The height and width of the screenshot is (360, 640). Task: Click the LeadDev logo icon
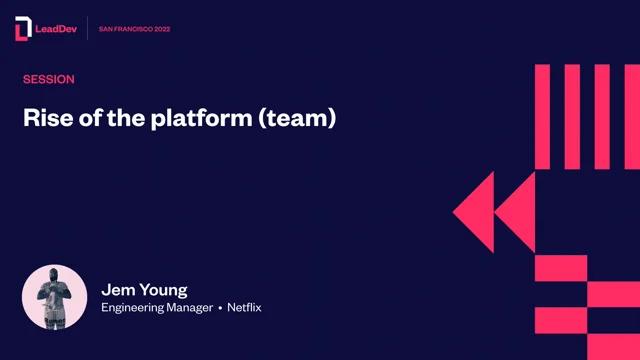23,29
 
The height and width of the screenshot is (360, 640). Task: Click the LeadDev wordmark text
56,29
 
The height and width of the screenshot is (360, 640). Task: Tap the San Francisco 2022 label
134,29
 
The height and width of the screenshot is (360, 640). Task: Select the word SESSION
49,79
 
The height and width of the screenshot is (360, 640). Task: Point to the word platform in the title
201,119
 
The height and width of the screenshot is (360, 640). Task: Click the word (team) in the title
297,118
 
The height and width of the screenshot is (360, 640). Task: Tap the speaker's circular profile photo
54,297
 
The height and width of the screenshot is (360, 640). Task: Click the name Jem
118,290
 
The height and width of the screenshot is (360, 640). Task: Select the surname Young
163,291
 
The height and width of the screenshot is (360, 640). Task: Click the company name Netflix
244,307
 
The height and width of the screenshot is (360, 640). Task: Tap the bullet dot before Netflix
220,308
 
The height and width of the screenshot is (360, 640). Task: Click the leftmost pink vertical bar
542,117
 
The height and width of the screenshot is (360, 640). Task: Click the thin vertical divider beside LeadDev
87,28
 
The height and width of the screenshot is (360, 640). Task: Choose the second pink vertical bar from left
572,117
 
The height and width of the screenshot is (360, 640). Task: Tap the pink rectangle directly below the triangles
561,268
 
